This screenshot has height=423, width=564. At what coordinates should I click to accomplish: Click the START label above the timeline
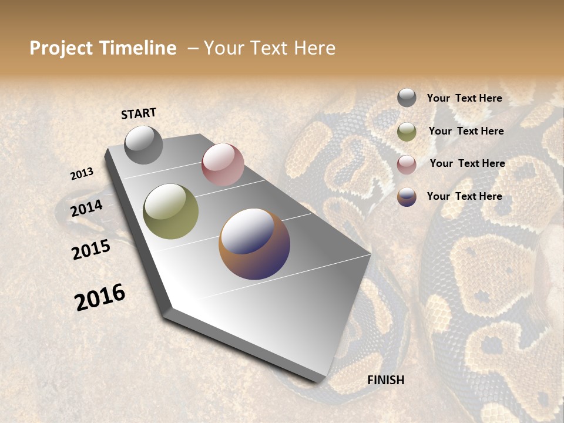(x=139, y=113)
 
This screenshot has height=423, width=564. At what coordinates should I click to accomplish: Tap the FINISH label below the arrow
(x=386, y=380)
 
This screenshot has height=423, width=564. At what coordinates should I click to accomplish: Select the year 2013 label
(x=82, y=174)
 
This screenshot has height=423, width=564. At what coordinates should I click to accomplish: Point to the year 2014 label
(x=87, y=208)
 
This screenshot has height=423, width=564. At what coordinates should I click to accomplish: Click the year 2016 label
(x=100, y=297)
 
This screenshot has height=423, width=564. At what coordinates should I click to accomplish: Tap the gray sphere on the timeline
(x=143, y=145)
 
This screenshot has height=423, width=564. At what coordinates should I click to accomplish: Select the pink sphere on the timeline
(x=223, y=164)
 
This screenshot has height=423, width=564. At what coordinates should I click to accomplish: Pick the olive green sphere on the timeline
(x=171, y=211)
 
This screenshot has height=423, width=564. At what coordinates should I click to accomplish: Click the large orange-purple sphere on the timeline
(x=254, y=244)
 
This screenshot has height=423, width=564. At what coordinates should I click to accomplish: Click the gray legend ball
(x=407, y=98)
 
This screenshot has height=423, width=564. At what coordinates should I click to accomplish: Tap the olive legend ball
(x=407, y=132)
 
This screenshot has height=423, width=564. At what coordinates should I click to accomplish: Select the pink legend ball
(x=407, y=164)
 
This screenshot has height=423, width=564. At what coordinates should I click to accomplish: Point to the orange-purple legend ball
(x=407, y=197)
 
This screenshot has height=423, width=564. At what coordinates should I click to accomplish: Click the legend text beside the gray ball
(x=464, y=98)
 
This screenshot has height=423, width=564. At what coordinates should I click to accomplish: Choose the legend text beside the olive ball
(x=466, y=131)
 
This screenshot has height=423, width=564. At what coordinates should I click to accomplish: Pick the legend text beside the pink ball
(x=467, y=163)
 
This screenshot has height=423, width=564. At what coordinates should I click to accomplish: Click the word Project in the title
(x=62, y=48)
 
